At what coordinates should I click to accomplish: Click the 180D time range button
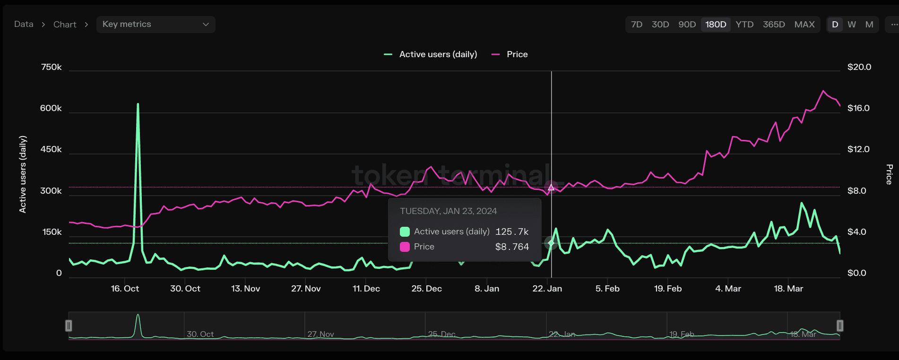(x=716, y=25)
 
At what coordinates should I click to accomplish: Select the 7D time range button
(x=637, y=25)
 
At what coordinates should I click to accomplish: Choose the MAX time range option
(x=804, y=25)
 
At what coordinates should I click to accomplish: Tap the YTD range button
(x=744, y=25)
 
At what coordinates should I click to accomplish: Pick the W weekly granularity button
(x=852, y=25)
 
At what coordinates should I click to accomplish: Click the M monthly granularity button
(x=869, y=25)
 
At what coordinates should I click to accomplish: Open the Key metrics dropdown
(x=156, y=25)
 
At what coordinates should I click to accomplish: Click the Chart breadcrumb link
(x=65, y=25)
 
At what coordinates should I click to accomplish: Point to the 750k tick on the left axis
(x=51, y=67)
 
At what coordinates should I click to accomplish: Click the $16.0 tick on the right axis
(x=858, y=108)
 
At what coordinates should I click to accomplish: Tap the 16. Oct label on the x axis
(x=125, y=289)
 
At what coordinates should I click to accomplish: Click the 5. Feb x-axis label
(x=607, y=289)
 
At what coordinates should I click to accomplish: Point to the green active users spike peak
(x=138, y=104)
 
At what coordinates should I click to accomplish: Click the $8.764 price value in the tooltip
(x=512, y=247)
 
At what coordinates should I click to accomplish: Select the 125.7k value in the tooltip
(x=512, y=231)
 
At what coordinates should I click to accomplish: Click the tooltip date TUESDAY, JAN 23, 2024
(x=448, y=211)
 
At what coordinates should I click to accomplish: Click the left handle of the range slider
(x=69, y=326)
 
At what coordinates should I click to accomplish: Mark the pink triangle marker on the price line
(x=551, y=188)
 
